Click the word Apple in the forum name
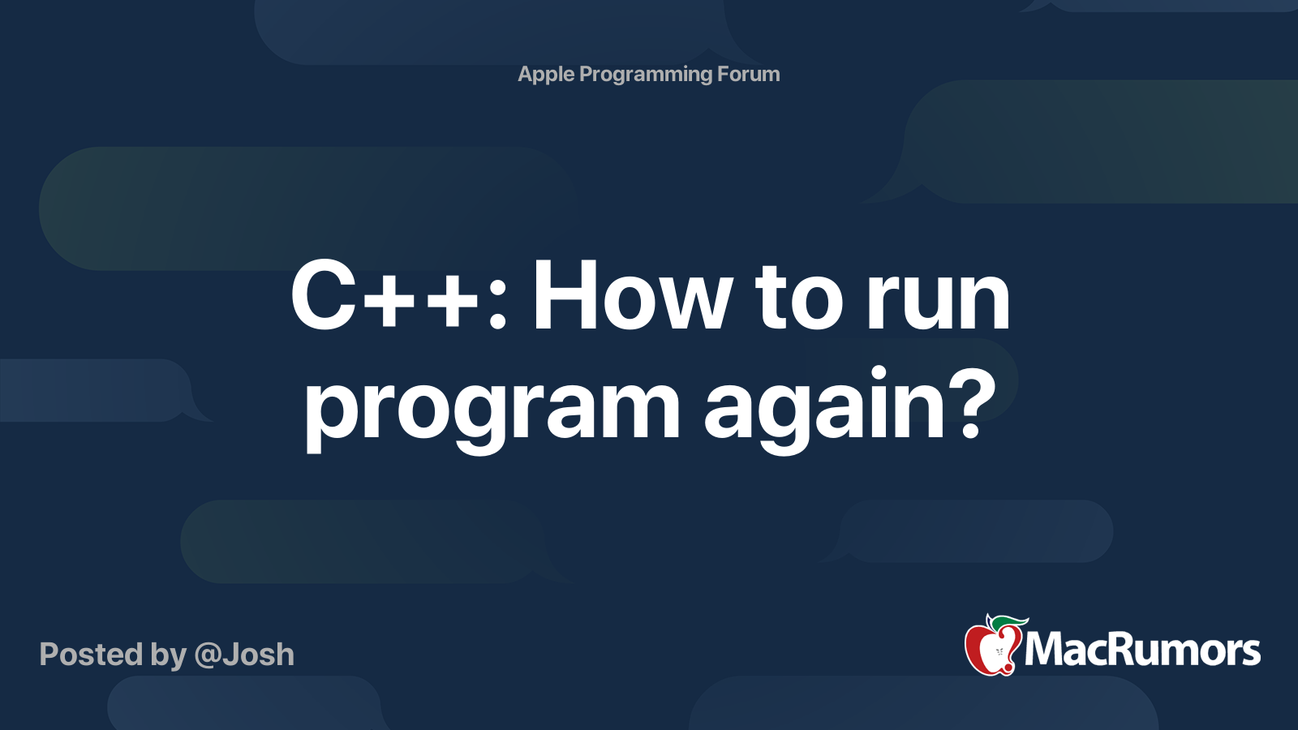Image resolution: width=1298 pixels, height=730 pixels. point(546,75)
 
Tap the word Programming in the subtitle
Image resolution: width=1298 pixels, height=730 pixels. point(646,75)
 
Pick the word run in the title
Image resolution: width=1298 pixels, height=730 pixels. point(939,297)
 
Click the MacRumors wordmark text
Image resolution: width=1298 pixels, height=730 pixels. point(1142,650)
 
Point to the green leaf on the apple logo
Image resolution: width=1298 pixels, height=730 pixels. point(1008,622)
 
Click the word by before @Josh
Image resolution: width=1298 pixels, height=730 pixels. point(168,655)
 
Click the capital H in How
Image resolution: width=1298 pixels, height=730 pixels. point(563,297)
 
